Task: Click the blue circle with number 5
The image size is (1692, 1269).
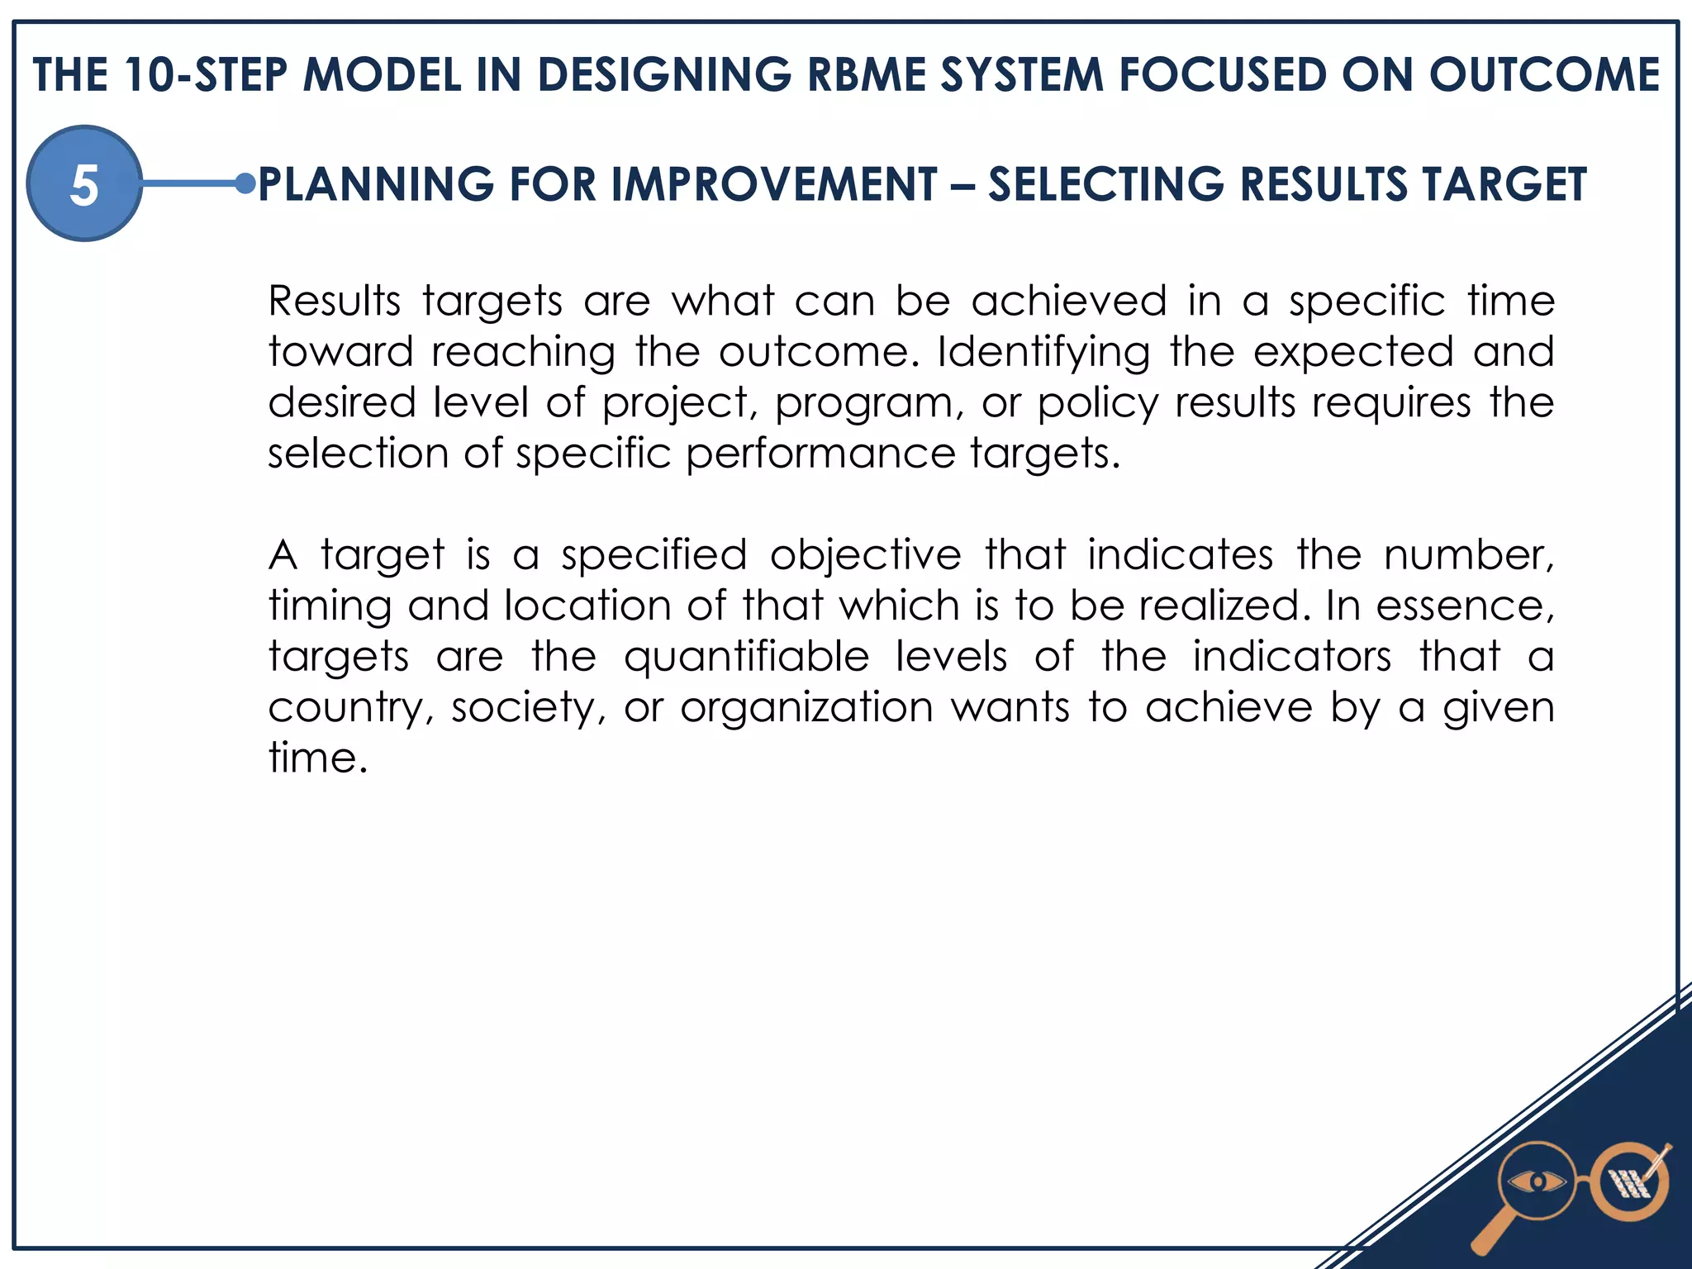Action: point(84,183)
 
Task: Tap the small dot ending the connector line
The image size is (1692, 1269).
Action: point(245,183)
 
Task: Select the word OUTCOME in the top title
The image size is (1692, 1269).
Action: point(1544,74)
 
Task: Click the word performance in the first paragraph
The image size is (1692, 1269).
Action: point(820,454)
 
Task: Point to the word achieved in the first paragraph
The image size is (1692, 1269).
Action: point(1068,301)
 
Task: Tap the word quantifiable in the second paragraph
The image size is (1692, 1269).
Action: point(746,658)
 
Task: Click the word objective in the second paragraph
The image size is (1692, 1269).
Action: point(865,555)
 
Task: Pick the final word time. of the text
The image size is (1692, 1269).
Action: point(317,758)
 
